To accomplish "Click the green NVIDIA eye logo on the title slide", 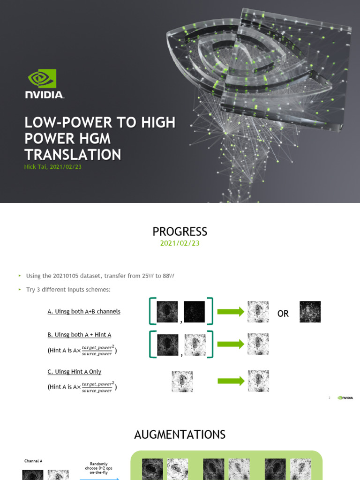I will [x=42, y=79].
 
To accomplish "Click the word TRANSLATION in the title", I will [x=73, y=155].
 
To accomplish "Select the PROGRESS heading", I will [x=180, y=232].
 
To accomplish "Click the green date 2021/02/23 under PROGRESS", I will [x=180, y=243].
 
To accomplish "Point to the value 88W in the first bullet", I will [x=167, y=276].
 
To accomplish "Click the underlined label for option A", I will [x=84, y=312].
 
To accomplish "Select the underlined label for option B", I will [x=79, y=335].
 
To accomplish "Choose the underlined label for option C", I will [x=75, y=372].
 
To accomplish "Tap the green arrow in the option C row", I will [x=230, y=381].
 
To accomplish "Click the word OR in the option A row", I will [x=283, y=314].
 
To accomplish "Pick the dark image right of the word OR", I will [x=310, y=312].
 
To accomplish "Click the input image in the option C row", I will [x=182, y=382].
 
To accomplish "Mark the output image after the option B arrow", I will [x=258, y=344].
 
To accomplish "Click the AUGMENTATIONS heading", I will [x=180, y=435].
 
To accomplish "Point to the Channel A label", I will [x=33, y=461].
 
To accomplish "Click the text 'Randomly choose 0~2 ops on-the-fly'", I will [x=98, y=465].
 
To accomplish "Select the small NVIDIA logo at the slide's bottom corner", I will [x=345, y=397].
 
